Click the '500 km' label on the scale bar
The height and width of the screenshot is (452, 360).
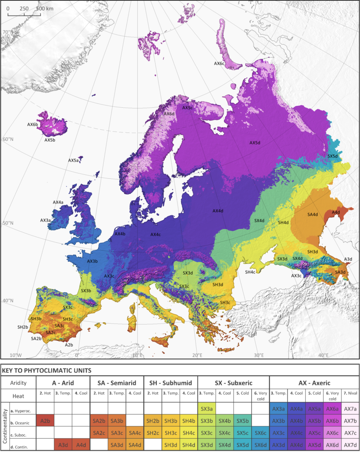(x=44, y=8)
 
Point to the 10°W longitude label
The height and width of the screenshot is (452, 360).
(x=15, y=355)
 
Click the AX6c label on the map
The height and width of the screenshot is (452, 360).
(x=220, y=63)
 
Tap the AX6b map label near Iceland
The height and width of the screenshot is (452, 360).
(x=33, y=124)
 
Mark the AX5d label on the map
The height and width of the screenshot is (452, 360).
(x=255, y=143)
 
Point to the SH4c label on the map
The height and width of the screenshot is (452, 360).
(x=250, y=272)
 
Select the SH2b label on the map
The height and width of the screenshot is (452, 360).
(x=23, y=327)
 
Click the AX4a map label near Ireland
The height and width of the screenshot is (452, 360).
(x=58, y=202)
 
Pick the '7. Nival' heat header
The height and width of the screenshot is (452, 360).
(x=350, y=395)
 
